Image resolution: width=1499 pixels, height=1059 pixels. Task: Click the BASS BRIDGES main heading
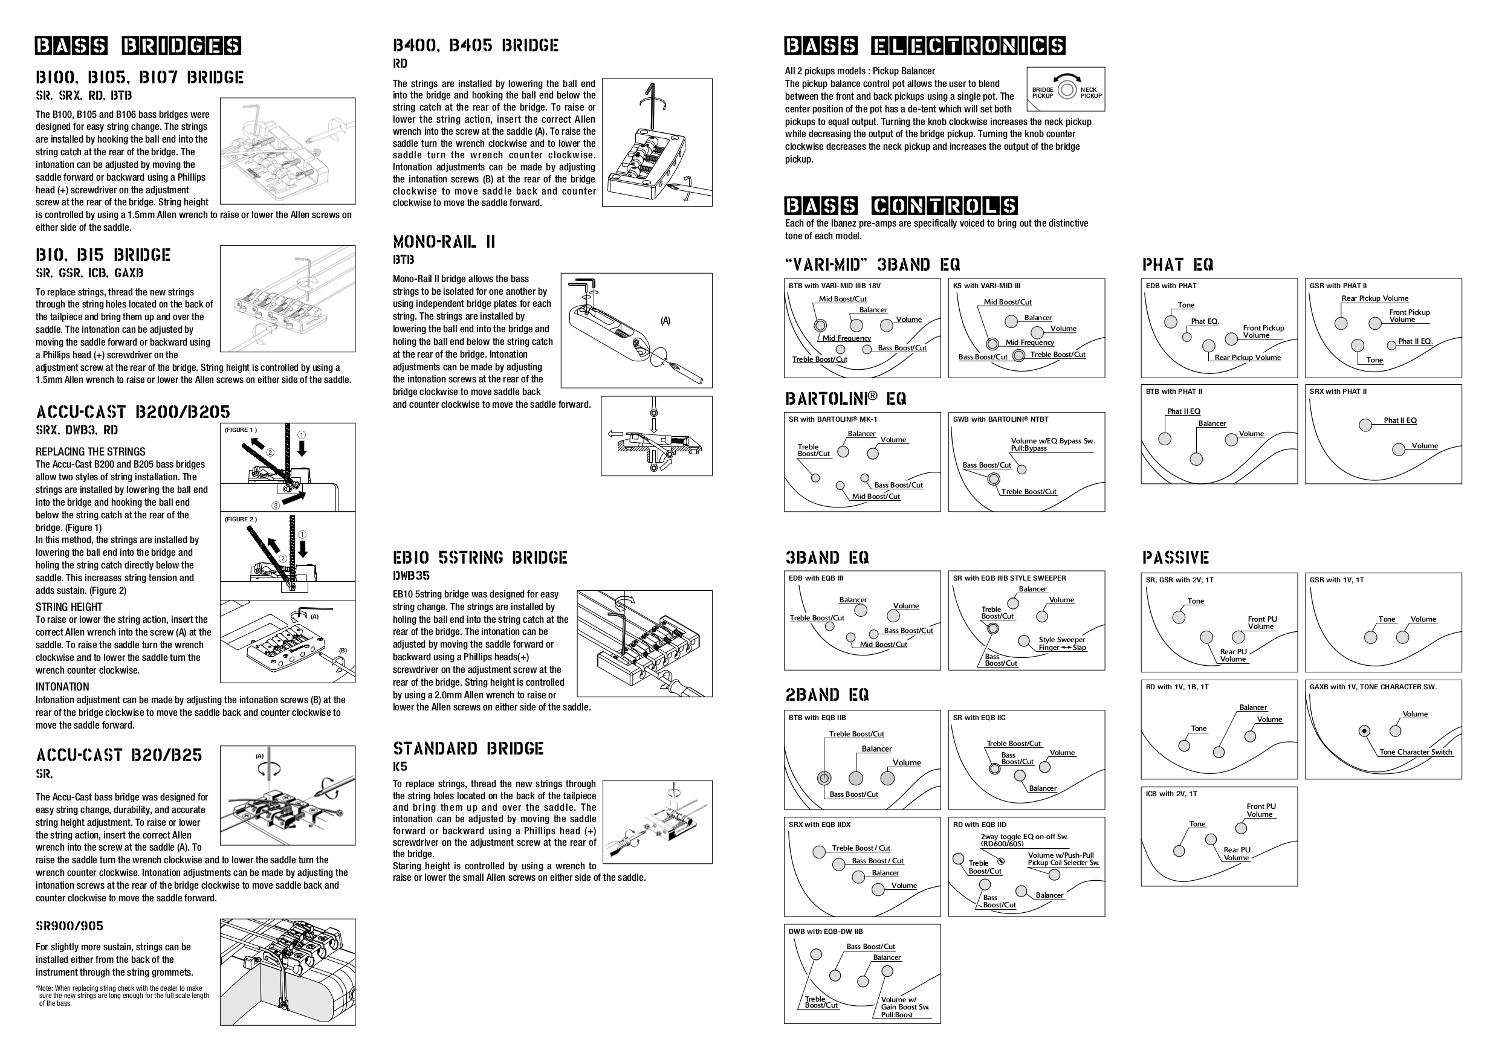point(138,46)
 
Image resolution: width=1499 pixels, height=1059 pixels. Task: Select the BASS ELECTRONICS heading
point(924,46)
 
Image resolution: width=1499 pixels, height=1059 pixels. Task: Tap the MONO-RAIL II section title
point(444,242)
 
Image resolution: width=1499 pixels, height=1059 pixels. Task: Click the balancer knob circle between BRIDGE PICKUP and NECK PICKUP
point(1066,89)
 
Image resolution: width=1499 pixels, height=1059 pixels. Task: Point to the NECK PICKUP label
point(1090,92)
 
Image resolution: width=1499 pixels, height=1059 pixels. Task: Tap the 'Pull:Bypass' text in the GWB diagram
point(1028,448)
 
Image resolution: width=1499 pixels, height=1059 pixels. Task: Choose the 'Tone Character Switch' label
point(1416,752)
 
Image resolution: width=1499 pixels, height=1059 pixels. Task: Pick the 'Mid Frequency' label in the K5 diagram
point(1029,343)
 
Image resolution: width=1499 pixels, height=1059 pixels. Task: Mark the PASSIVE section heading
point(1175,558)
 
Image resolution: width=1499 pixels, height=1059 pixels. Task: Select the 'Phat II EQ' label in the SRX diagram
point(1400,420)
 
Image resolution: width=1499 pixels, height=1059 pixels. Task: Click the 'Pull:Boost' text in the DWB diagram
point(896,1015)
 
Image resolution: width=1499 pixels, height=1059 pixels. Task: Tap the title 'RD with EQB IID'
point(979,825)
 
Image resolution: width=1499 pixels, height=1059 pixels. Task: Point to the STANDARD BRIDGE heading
point(467,748)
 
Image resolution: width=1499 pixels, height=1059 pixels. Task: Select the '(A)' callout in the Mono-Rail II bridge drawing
point(665,320)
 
